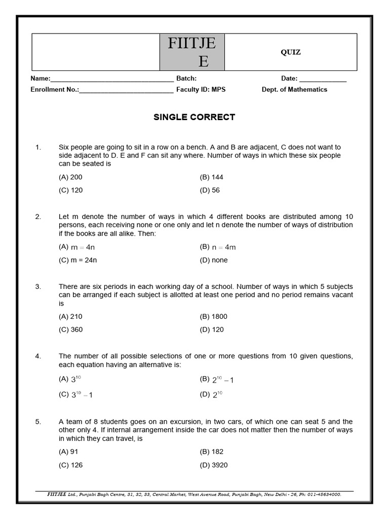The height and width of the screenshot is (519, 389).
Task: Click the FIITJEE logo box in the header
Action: (x=192, y=52)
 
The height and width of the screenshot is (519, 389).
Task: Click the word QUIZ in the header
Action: (x=291, y=52)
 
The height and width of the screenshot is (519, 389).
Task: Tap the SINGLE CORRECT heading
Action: (x=194, y=117)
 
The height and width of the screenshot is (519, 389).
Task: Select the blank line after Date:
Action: (x=323, y=79)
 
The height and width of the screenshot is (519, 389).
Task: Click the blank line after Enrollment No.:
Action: (x=126, y=90)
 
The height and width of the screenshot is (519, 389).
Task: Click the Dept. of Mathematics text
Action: (x=294, y=90)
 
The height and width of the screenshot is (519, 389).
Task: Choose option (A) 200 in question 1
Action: (x=70, y=177)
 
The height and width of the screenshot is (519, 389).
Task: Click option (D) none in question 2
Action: (x=214, y=260)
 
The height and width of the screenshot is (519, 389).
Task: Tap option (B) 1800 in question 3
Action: (x=214, y=317)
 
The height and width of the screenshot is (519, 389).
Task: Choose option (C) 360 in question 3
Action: (x=70, y=330)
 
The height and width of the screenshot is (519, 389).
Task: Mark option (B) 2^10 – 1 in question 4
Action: (x=217, y=380)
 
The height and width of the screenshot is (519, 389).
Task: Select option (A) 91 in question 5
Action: (x=68, y=452)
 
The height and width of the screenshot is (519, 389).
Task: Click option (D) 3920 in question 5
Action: (x=214, y=465)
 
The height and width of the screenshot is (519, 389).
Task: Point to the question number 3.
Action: (x=38, y=287)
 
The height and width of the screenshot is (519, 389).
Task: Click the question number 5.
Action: (x=38, y=422)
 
